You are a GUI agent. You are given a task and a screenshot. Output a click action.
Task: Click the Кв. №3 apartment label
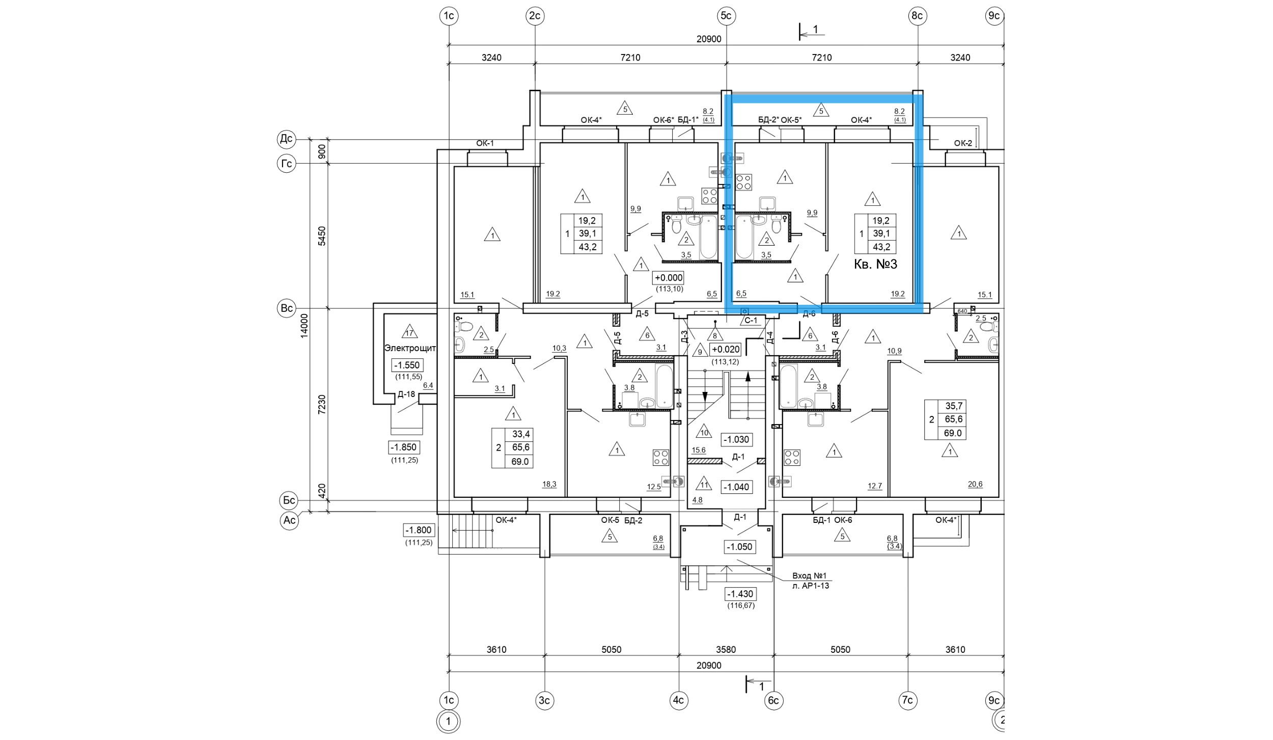pyautogui.click(x=875, y=264)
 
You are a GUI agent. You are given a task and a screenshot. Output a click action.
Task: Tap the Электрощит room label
pyautogui.click(x=410, y=349)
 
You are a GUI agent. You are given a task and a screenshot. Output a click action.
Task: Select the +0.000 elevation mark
pyautogui.click(x=668, y=278)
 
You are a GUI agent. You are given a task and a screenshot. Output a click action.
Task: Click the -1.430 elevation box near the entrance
pyautogui.click(x=740, y=594)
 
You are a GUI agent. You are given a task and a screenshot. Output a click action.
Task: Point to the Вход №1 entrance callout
pyautogui.click(x=810, y=575)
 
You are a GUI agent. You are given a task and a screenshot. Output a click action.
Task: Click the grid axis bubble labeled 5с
pyautogui.click(x=726, y=16)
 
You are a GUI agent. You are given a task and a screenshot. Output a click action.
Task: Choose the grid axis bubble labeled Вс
pyautogui.click(x=287, y=308)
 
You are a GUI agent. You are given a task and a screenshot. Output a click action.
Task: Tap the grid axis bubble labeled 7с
pyautogui.click(x=907, y=700)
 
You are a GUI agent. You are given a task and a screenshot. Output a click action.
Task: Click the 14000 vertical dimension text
pyautogui.click(x=305, y=325)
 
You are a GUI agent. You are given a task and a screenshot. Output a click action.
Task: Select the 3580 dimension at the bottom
pyautogui.click(x=726, y=649)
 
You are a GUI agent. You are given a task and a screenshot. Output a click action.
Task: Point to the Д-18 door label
pyautogui.click(x=406, y=394)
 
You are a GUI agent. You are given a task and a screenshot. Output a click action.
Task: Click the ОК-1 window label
pyautogui.click(x=485, y=143)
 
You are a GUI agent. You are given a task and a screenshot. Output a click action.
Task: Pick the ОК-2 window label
pyautogui.click(x=963, y=143)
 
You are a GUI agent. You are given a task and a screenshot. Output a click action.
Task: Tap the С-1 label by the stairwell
pyautogui.click(x=751, y=321)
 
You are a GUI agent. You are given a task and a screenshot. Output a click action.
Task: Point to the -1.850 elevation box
pyautogui.click(x=403, y=447)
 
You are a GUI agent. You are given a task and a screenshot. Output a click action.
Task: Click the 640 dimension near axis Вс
pyautogui.click(x=962, y=311)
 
